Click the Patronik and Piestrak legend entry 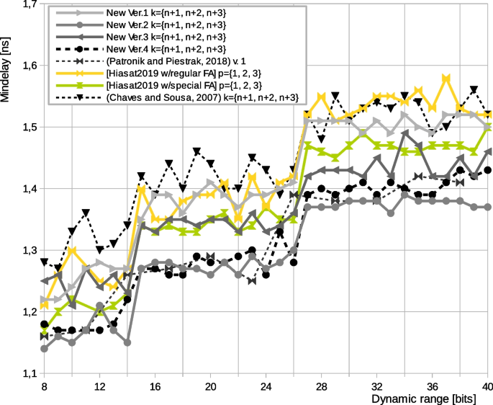coord(176,61)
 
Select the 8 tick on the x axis coord(45,386)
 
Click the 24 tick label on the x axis coord(266,386)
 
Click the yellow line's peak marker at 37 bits coord(446,78)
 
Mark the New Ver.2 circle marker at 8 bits coord(45,349)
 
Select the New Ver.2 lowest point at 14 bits coord(127,342)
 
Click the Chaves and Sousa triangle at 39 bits coord(474,90)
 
